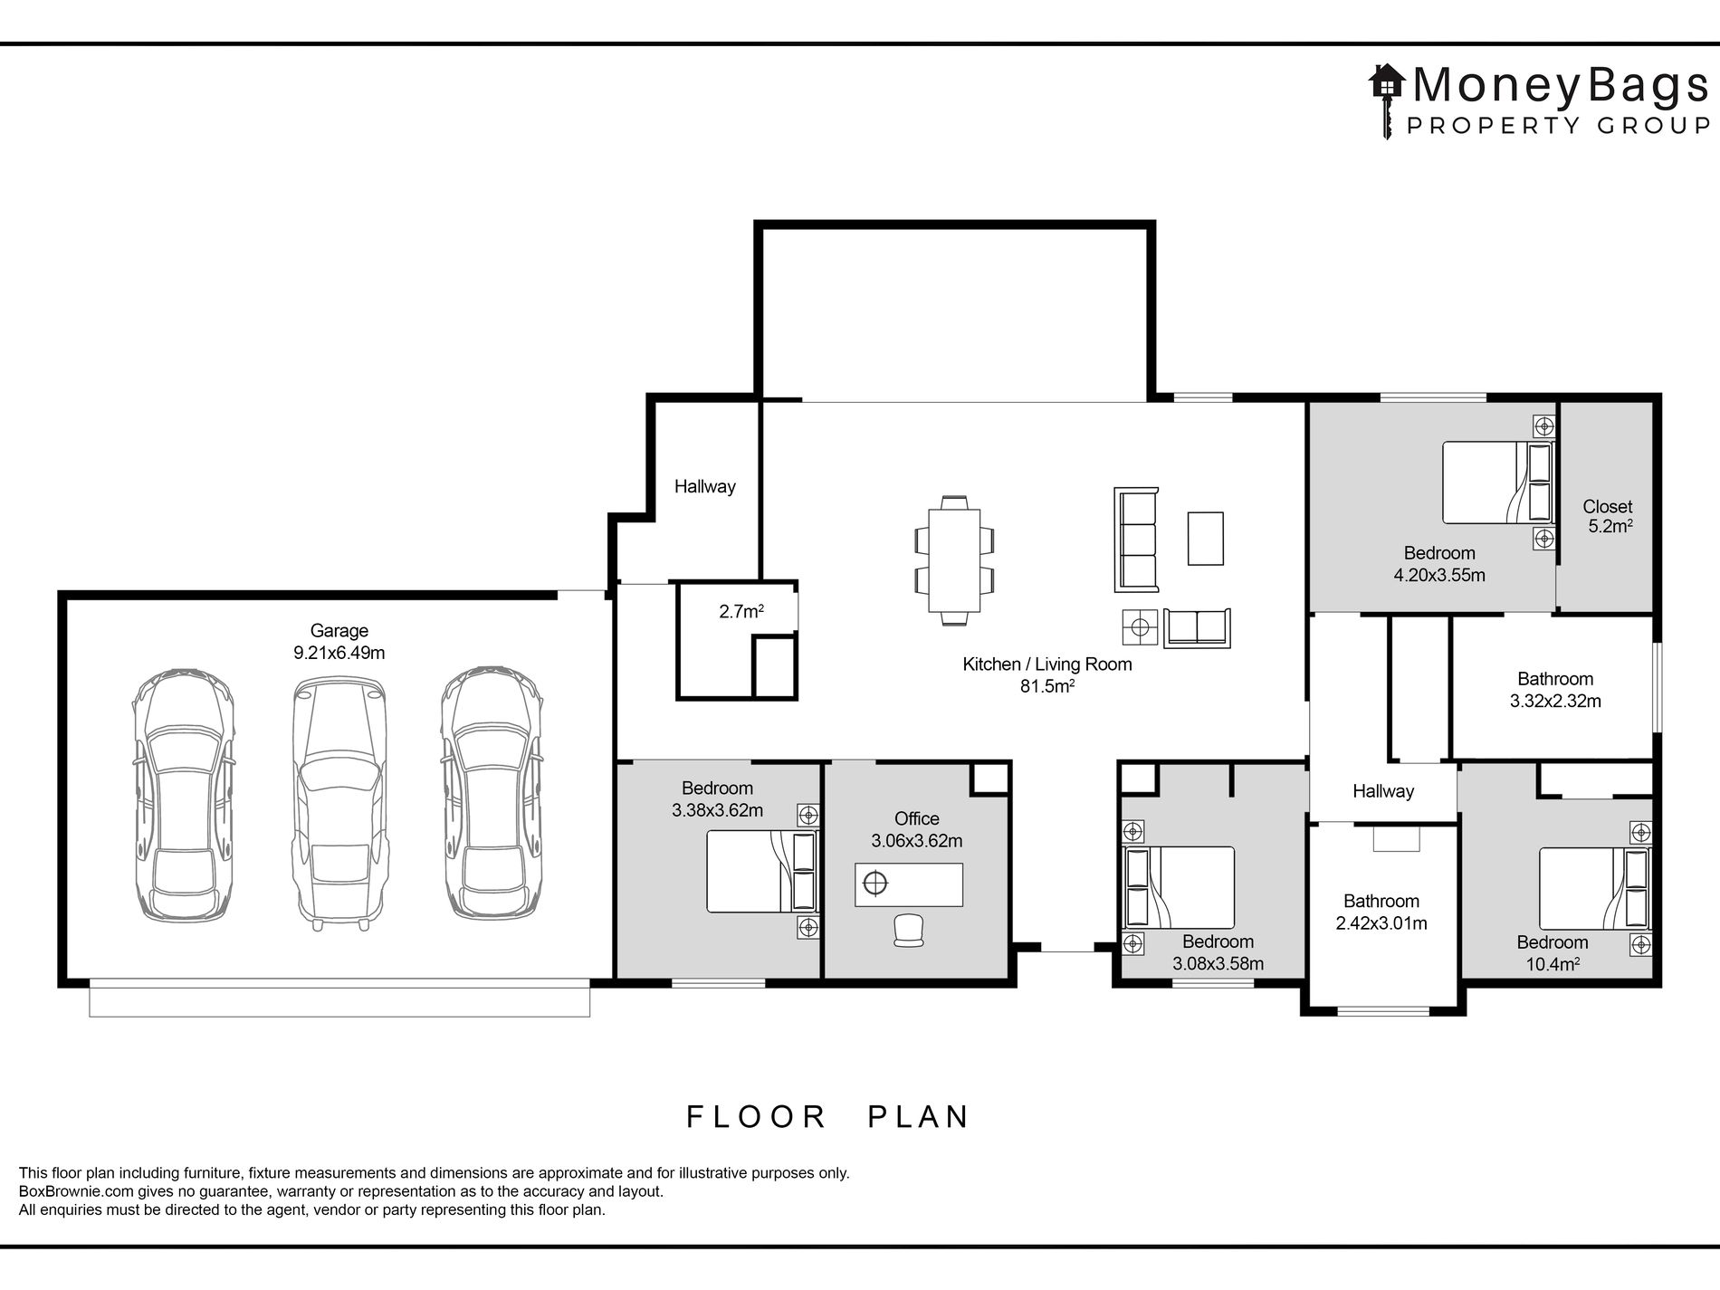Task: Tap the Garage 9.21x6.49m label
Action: tap(339, 642)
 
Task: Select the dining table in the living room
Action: tap(954, 560)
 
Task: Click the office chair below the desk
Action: tap(909, 931)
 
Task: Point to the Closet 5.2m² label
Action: tap(1608, 517)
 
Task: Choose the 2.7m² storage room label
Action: tap(741, 612)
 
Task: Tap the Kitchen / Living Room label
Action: tap(1047, 675)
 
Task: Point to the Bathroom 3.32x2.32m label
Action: tap(1555, 690)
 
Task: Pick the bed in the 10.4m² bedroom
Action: tap(1595, 889)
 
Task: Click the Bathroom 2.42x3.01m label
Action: tap(1381, 913)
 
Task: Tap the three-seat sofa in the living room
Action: tap(1136, 540)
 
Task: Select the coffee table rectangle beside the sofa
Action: tap(1206, 539)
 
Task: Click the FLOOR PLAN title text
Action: tap(827, 1117)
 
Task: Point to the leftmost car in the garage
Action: tap(184, 797)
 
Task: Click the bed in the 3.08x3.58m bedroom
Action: tap(1179, 888)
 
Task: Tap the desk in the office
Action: tap(909, 884)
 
